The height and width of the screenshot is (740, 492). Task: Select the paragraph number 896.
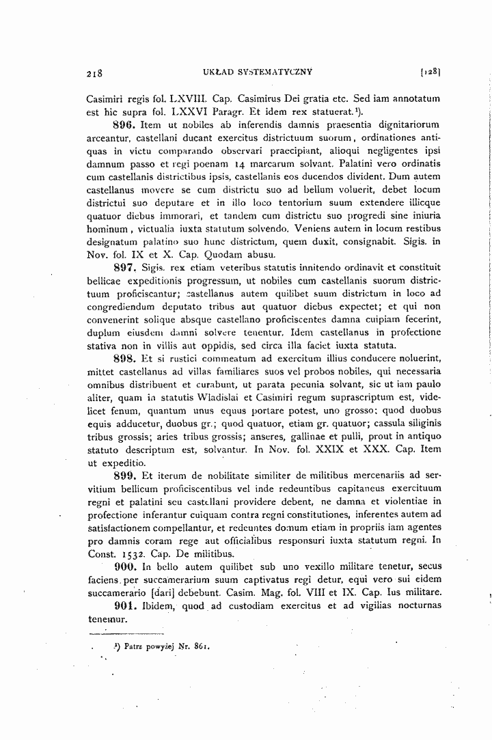coord(123,126)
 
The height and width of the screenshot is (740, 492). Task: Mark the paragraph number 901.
coord(123,606)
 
